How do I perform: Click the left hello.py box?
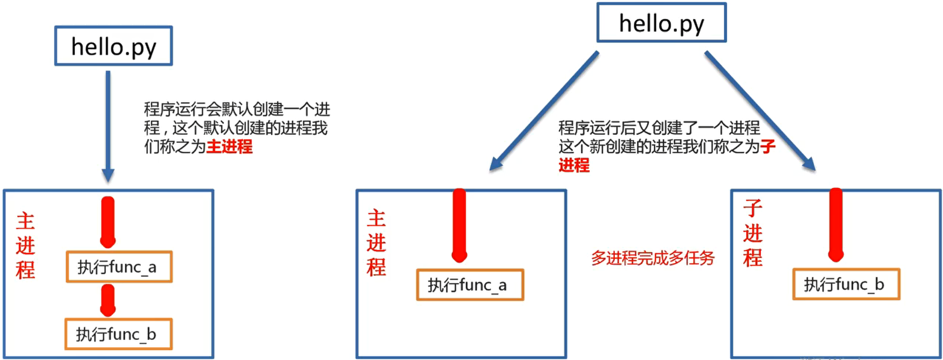[113, 46]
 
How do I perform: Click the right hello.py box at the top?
[661, 23]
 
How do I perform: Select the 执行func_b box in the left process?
[118, 334]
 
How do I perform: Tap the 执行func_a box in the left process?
[119, 267]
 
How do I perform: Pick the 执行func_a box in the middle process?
[470, 285]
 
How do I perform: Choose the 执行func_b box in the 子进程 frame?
[846, 284]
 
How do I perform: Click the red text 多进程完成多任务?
[652, 258]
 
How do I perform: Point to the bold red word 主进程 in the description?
[229, 146]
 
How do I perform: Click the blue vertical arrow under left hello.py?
[108, 124]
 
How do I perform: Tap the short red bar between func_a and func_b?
[108, 300]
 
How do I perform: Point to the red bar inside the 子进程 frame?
[836, 225]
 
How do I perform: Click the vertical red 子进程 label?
[752, 233]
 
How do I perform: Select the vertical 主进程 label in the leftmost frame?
[25, 246]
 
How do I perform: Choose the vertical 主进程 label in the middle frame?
[376, 243]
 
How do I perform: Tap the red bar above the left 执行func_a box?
[108, 221]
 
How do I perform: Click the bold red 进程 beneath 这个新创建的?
[574, 165]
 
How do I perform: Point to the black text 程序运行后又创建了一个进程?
[659, 128]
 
